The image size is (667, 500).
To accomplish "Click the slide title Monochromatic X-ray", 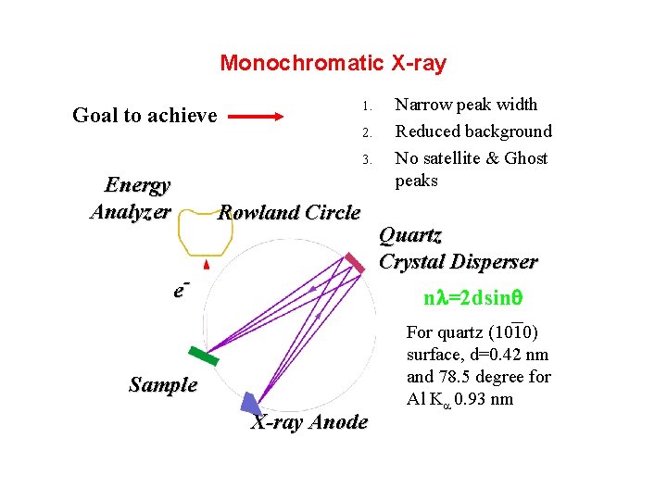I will click(x=333, y=64).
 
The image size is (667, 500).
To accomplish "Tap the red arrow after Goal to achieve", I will click(x=257, y=117).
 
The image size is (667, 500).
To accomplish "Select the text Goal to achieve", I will click(x=145, y=116).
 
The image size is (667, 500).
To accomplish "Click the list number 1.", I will click(x=367, y=105).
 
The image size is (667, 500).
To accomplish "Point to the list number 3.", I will click(x=367, y=159).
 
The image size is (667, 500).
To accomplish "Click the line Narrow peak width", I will click(x=466, y=105).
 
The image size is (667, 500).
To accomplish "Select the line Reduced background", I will click(x=473, y=131).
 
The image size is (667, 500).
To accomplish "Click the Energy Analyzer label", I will click(x=131, y=198).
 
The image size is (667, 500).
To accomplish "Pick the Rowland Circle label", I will click(x=288, y=213).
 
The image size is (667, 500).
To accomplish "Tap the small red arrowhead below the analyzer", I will click(x=207, y=265).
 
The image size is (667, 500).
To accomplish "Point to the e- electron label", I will click(x=182, y=289).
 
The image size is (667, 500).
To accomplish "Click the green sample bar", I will click(x=203, y=356).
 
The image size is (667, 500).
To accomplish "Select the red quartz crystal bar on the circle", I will click(x=355, y=263).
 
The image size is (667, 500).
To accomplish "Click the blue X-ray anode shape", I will click(x=250, y=403).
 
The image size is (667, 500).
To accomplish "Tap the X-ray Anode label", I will click(x=309, y=422).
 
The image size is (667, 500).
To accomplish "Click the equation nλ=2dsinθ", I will click(x=473, y=298).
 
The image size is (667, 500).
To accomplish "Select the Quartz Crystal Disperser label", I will click(x=458, y=248).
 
